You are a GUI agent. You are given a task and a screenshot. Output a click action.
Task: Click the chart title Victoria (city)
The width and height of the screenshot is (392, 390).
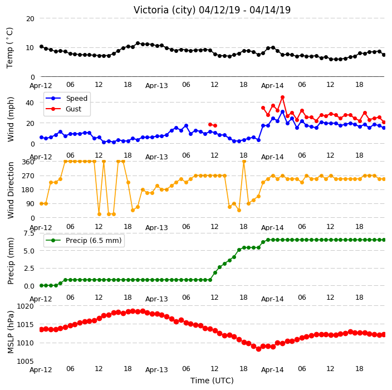pos(165,10)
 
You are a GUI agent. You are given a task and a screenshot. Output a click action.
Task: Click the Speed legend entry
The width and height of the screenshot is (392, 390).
pos(66,98)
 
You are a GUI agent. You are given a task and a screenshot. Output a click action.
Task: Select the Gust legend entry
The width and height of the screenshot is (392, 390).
pos(63,109)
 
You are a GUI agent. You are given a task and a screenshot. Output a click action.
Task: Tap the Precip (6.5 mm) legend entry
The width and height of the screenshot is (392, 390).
pos(84,240)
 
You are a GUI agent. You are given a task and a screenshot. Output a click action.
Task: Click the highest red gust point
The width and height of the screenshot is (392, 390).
pos(282,97)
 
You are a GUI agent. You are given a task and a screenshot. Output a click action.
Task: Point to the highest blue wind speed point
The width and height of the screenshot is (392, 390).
pos(282,112)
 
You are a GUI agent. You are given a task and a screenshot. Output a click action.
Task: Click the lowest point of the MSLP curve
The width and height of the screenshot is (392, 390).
pos(258,349)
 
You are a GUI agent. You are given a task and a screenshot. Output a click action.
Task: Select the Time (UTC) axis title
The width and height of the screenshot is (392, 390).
pos(212,381)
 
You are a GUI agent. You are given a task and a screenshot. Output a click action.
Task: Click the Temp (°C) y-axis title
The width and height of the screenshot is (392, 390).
pos(10,48)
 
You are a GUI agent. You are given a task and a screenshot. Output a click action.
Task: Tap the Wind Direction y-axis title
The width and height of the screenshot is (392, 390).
pos(11,190)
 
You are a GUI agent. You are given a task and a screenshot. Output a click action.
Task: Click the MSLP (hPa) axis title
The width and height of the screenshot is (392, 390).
pos(11,332)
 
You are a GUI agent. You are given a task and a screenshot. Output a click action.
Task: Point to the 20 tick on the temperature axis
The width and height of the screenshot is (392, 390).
pos(30,18)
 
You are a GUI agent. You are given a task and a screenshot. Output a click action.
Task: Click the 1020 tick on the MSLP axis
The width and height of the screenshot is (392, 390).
pos(25,306)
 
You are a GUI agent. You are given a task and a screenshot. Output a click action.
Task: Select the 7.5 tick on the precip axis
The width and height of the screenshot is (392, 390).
pos(29,233)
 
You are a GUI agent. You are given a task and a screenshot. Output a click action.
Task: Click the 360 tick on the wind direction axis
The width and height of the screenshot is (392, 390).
pos(28,162)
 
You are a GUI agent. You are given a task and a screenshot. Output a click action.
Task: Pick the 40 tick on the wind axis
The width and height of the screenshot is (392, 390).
pos(30,103)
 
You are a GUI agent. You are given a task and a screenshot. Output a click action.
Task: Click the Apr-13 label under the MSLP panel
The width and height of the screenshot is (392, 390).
pos(156,370)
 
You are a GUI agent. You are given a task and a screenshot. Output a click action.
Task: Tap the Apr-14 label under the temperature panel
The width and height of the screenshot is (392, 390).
pos(272,86)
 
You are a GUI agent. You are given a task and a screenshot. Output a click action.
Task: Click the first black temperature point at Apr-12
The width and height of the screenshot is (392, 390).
pos(42,47)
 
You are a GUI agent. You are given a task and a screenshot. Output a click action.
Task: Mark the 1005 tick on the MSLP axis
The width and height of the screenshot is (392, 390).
pos(25,361)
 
